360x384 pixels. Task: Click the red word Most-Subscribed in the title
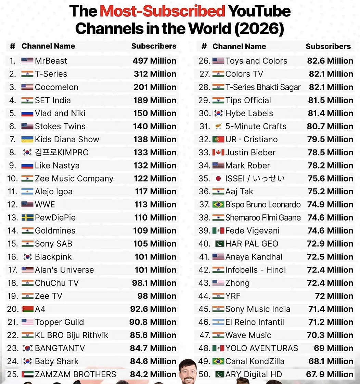163,11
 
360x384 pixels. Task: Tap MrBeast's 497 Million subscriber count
154,61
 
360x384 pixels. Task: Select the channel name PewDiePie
55,218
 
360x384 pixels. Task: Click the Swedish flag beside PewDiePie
27,217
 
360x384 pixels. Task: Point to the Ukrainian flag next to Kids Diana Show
27,140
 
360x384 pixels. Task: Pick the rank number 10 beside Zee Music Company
13,178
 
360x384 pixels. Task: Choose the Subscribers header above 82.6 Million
328,46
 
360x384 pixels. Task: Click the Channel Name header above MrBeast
48,46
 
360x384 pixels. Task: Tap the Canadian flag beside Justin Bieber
218,153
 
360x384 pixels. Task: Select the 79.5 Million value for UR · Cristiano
330,140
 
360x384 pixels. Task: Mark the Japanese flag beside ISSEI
218,178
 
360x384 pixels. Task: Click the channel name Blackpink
53,257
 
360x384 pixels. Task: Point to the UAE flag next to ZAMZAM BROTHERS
27,374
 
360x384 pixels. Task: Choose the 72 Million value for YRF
334,296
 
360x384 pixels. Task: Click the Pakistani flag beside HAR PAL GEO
220,244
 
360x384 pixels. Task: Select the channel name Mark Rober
247,165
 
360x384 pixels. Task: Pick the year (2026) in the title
259,29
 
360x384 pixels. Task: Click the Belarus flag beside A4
27,309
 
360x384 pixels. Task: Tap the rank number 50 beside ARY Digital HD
204,374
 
